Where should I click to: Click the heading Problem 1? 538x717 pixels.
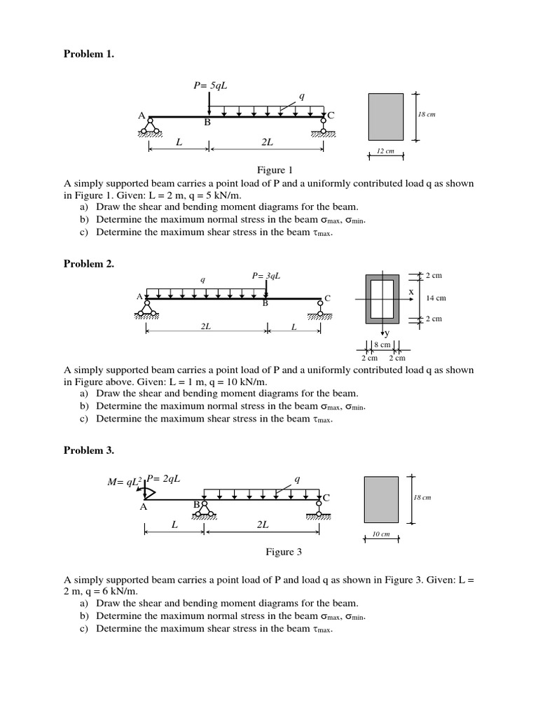click(88, 54)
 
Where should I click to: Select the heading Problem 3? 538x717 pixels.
click(88, 450)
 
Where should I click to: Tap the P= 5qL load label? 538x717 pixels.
click(211, 85)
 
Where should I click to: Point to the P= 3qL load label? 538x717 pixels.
click(266, 276)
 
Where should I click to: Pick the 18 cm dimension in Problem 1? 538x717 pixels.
click(426, 114)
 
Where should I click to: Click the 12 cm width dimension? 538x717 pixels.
click(385, 151)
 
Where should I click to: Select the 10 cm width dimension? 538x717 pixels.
click(381, 534)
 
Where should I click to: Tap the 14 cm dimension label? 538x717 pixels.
click(436, 298)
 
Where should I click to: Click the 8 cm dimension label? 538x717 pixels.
click(382, 344)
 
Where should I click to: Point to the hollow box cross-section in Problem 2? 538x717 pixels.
click(382, 298)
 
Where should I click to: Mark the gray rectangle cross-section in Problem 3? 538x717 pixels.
click(381, 499)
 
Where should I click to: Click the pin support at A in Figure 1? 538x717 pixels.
click(149, 126)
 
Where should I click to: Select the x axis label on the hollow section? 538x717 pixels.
click(411, 291)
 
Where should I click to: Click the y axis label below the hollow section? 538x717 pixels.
click(387, 334)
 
